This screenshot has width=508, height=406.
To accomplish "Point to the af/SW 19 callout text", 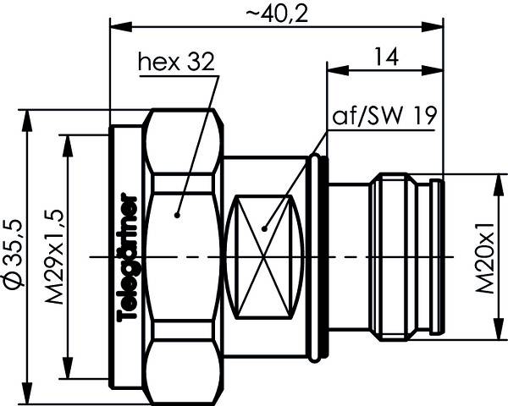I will (385, 117).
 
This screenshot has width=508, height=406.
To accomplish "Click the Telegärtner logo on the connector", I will (130, 257).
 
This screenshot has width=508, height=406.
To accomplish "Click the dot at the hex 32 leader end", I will (178, 215).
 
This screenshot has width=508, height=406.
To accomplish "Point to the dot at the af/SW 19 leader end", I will (265, 227).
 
